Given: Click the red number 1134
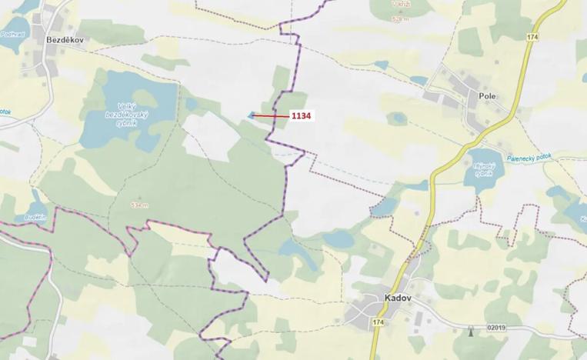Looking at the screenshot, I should tap(301, 116).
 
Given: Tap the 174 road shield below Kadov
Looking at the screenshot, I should tap(377, 320).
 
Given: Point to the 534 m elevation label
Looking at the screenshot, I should tap(139, 205).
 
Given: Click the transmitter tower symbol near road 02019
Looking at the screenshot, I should tap(471, 331).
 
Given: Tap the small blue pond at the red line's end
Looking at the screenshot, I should tap(250, 116).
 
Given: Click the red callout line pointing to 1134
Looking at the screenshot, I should tap(271, 116).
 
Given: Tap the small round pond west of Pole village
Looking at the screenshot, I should tap(396, 118).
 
